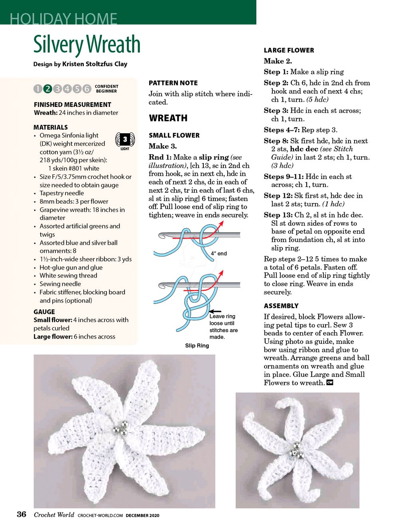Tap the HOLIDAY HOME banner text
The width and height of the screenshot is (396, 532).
coord(63,19)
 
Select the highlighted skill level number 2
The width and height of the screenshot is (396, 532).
coord(47,89)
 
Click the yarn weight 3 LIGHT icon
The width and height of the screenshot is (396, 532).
coord(125,140)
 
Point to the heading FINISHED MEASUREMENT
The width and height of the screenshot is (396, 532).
coord(72,104)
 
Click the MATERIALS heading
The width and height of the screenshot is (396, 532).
coord(51,127)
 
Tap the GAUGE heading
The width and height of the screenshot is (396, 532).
coord(44,312)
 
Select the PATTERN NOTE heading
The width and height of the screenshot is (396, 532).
coord(173,83)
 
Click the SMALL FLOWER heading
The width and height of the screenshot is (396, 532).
coord(174,135)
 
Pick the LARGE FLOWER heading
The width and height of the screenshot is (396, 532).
coord(289,50)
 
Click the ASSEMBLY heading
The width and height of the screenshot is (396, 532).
coord(281,306)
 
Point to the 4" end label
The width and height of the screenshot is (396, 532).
coord(219,253)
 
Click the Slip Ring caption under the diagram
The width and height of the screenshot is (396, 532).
coord(197,345)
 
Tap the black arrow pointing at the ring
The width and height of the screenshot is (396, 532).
coord(215,311)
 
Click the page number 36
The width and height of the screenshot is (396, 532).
coord(22,514)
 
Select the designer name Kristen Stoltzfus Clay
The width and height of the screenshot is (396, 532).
coord(95,64)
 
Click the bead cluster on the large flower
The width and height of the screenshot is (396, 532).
coord(120,428)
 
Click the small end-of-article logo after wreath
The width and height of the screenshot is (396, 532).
coord(330,383)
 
